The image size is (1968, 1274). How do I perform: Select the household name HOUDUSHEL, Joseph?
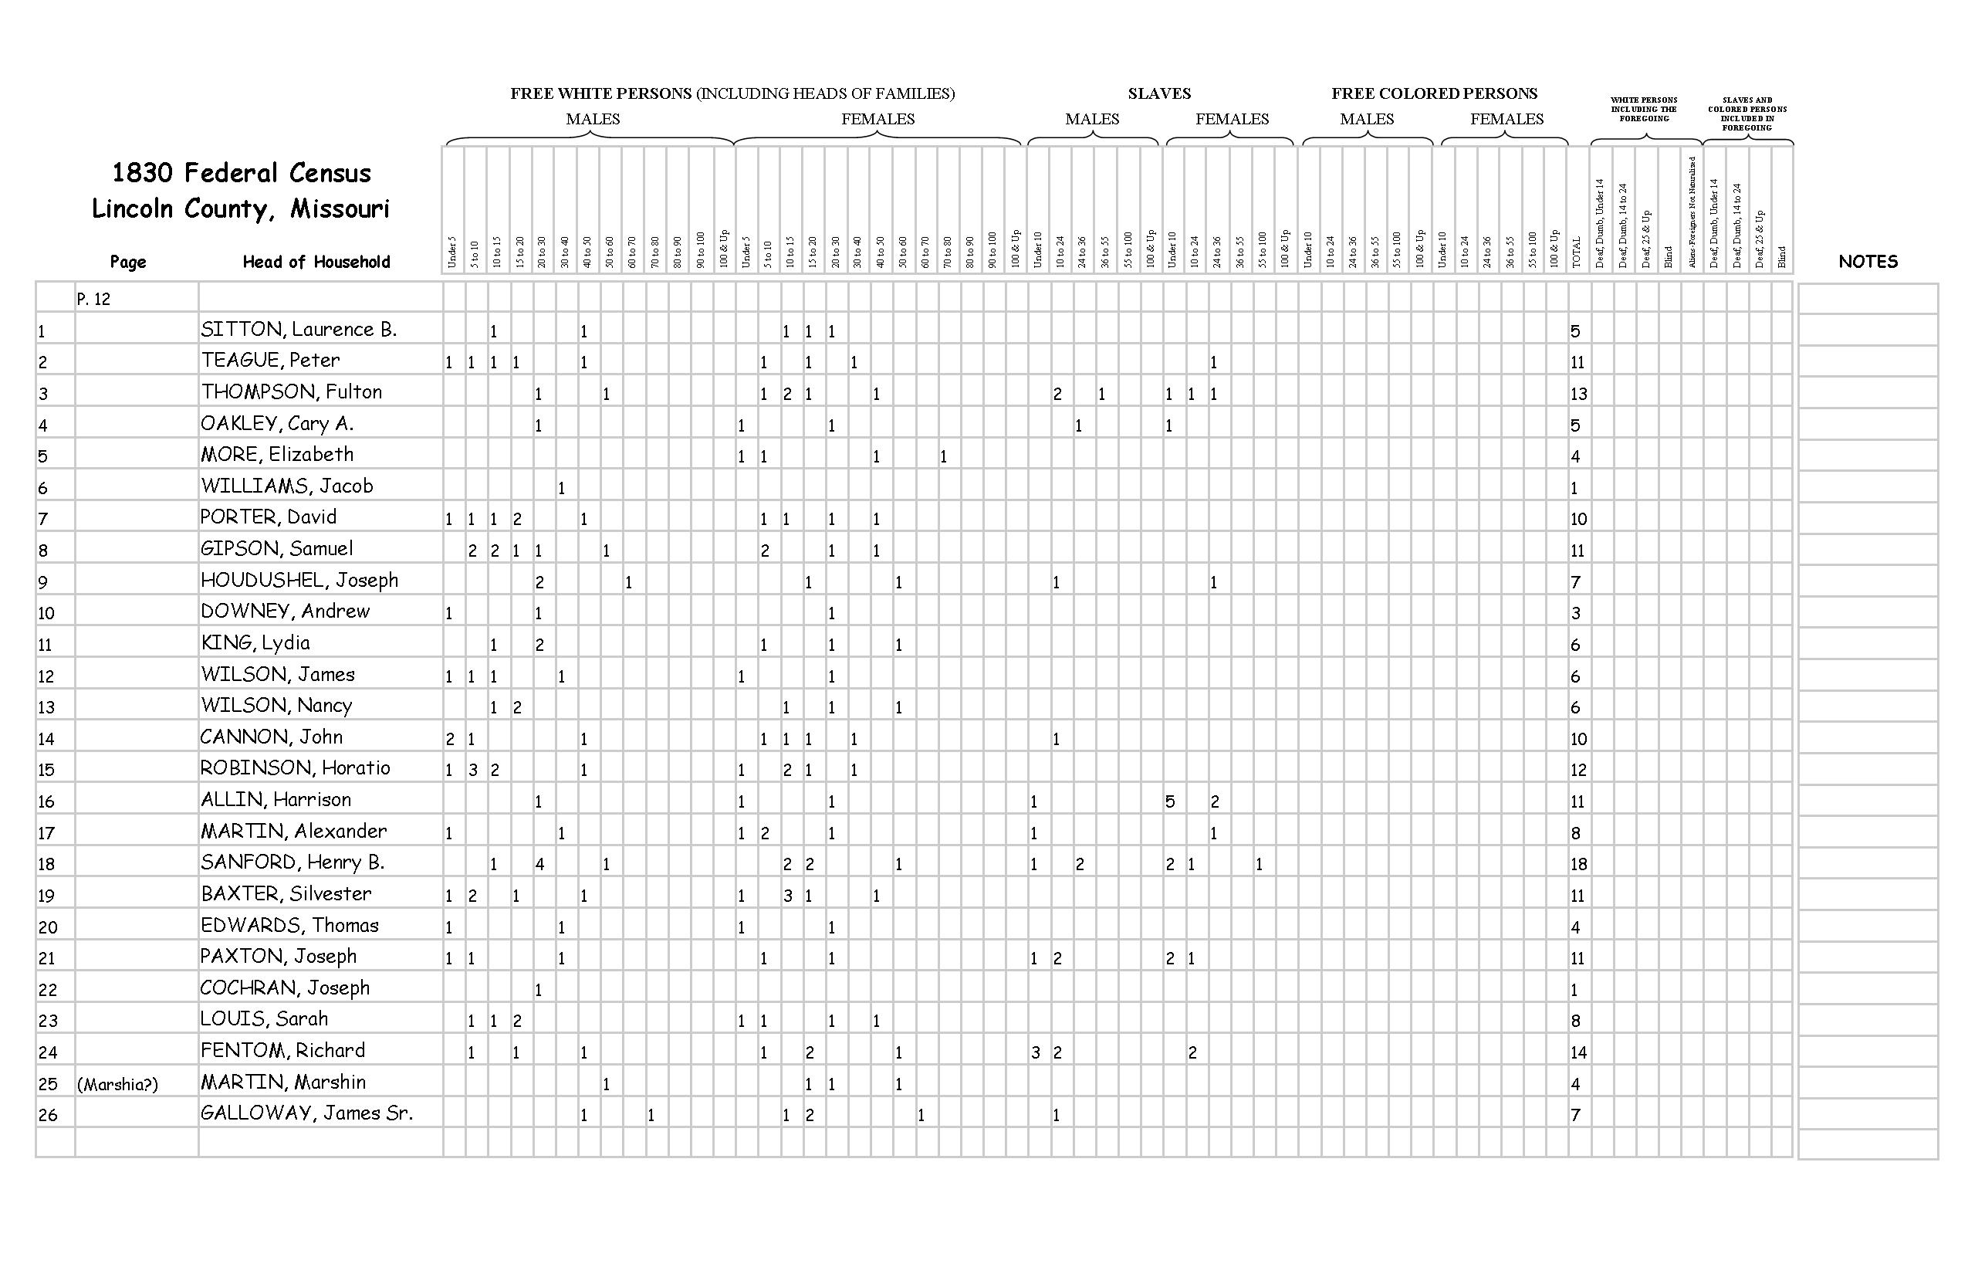[299, 581]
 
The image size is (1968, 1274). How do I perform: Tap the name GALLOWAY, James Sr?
[306, 1113]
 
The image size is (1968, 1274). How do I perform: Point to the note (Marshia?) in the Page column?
[117, 1085]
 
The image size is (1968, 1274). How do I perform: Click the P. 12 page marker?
[93, 300]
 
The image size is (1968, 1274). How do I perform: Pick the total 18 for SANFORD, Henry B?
[1577, 865]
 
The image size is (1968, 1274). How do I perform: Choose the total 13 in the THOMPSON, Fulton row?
[1577, 394]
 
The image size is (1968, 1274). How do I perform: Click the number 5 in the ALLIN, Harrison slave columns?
[1169, 801]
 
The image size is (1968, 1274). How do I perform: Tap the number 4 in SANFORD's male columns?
[539, 865]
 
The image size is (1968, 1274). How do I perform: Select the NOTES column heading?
[1867, 263]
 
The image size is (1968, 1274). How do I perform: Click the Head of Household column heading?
[316, 263]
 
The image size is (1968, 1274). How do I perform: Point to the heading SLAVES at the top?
[1158, 93]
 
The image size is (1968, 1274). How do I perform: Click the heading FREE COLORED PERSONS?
[1434, 93]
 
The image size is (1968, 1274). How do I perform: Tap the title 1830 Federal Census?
[242, 173]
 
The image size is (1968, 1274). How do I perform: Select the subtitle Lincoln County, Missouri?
[240, 208]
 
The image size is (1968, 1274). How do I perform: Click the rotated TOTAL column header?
[1576, 252]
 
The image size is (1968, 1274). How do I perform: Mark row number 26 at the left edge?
[47, 1115]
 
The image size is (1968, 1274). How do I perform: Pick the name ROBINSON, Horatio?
[294, 768]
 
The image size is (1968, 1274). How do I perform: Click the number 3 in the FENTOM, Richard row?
[1034, 1053]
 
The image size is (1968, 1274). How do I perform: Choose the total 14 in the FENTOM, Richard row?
[1577, 1053]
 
